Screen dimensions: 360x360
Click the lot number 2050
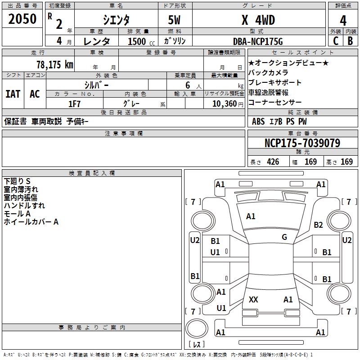pos(22,19)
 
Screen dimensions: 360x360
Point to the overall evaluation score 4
pos(343,20)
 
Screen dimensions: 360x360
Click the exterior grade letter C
pos(335,41)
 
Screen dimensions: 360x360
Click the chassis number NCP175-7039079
pos(302,143)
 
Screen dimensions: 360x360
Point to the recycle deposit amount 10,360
pos(223,103)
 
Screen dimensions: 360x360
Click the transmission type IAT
pos(13,94)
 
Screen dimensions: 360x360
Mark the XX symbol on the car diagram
pos(253,300)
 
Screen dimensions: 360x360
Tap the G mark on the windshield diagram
pos(284,237)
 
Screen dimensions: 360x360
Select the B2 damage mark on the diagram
pos(319,225)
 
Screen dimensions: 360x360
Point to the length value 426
pos(272,162)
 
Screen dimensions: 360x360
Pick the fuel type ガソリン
pos(175,41)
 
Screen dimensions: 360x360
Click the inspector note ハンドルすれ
pos(24,206)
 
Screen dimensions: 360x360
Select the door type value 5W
pos(175,19)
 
